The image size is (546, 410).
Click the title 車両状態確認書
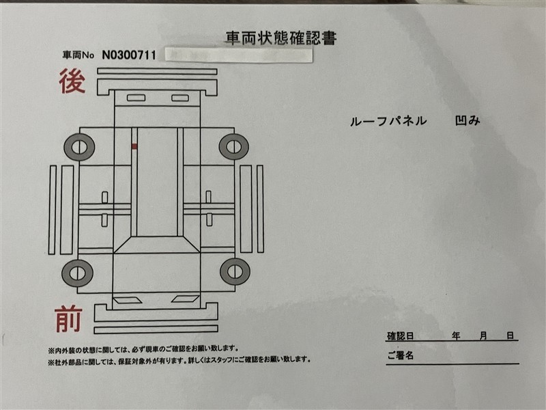pyautogui.click(x=281, y=38)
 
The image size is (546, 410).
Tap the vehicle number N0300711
pyautogui.click(x=129, y=55)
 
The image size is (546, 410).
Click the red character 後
pyautogui.click(x=72, y=81)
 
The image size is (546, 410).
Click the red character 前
pyautogui.click(x=69, y=319)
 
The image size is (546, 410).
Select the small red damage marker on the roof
pyautogui.click(x=134, y=146)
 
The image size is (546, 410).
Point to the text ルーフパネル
pyautogui.click(x=388, y=121)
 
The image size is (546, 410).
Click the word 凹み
pyautogui.click(x=468, y=120)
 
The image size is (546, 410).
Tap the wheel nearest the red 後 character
pyautogui.click(x=79, y=147)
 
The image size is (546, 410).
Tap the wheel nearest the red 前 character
pyautogui.click(x=77, y=273)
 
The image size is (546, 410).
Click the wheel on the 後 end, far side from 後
pyautogui.click(x=233, y=146)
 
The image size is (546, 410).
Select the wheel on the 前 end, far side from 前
pyautogui.click(x=235, y=271)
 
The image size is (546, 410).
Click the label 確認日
pyautogui.click(x=401, y=336)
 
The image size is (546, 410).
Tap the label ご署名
pyautogui.click(x=401, y=355)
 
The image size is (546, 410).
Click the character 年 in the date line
pyautogui.click(x=456, y=336)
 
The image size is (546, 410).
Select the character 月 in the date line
pyautogui.click(x=483, y=336)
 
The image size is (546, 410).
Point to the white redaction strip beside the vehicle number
pyautogui.click(x=239, y=55)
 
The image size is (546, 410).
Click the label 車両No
pyautogui.click(x=78, y=55)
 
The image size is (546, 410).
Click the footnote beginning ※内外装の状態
pyautogui.click(x=143, y=348)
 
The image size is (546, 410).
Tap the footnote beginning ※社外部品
pyautogui.click(x=179, y=360)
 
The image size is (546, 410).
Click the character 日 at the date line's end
pyautogui.click(x=510, y=336)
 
